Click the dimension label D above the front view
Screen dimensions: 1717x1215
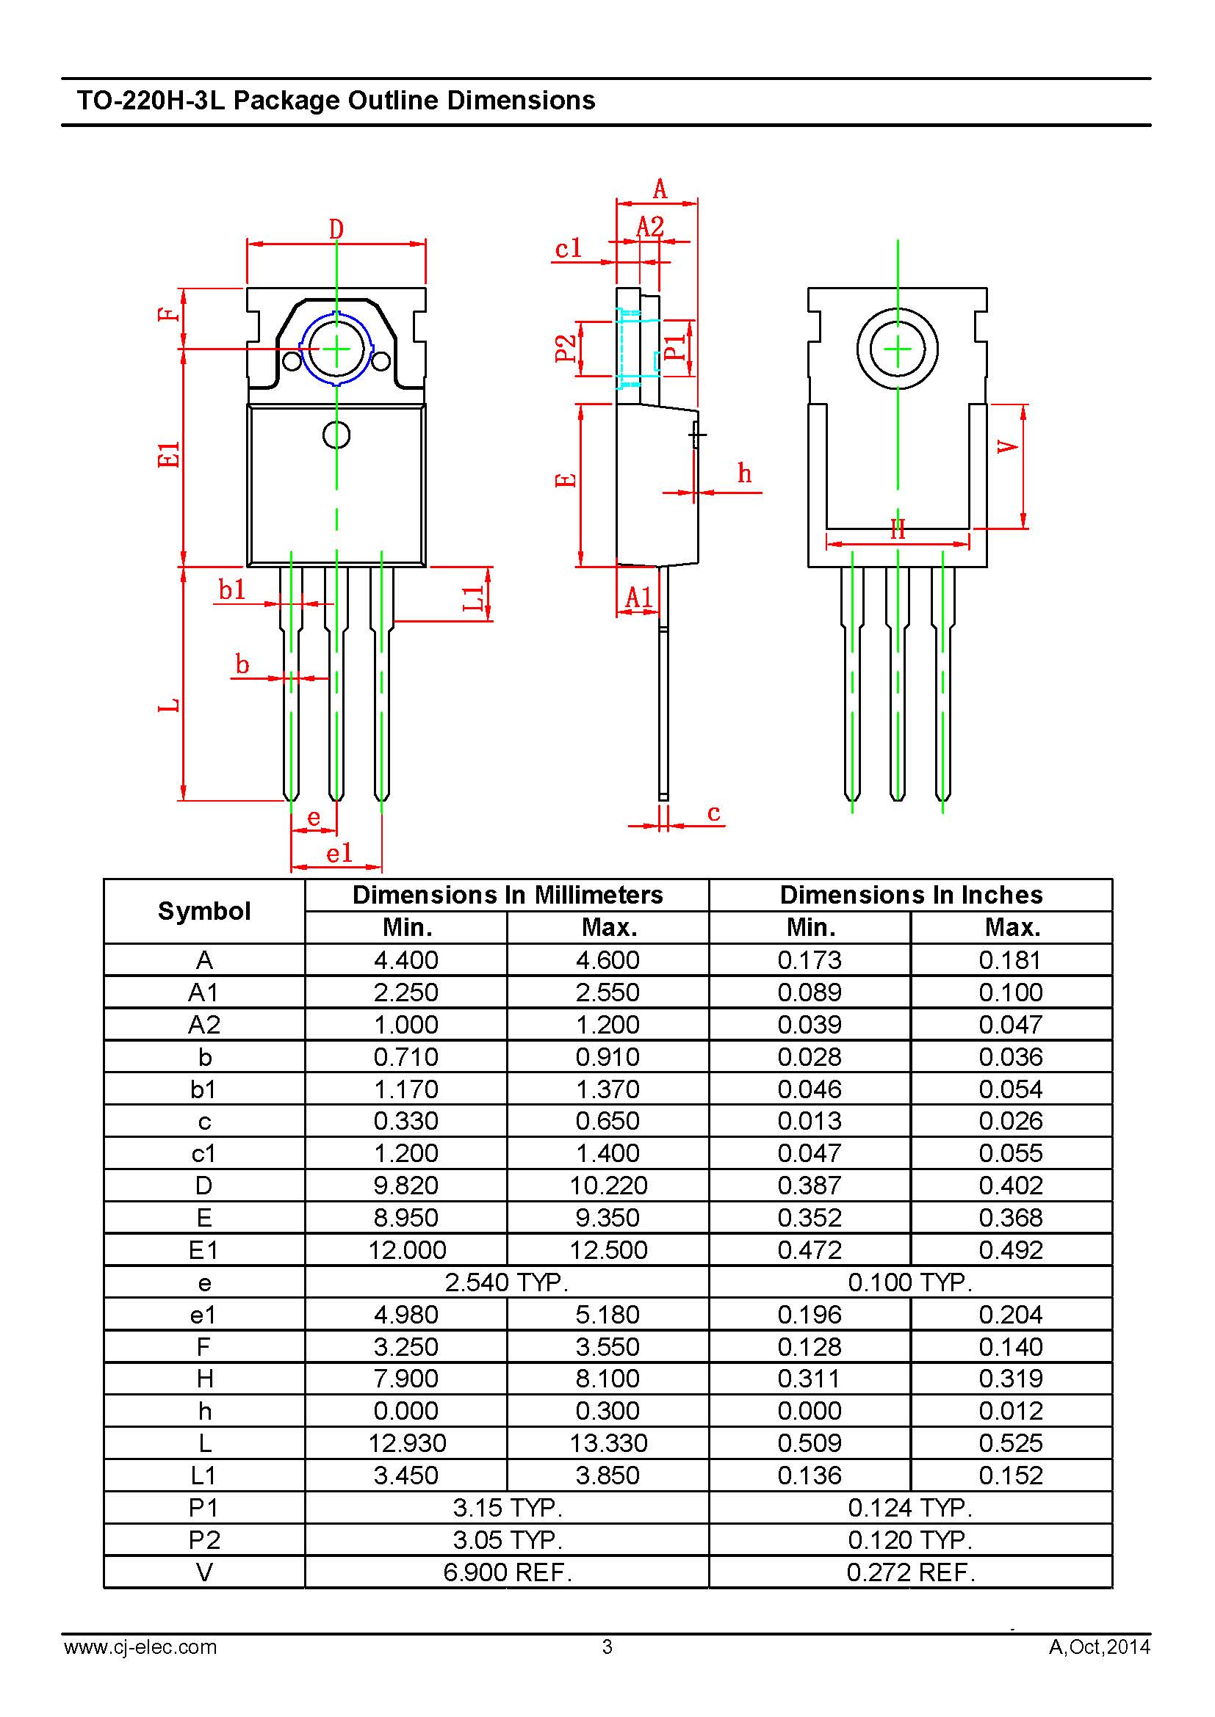click(x=336, y=229)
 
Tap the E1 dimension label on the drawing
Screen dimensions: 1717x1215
click(x=170, y=455)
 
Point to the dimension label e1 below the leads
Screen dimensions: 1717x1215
click(x=339, y=852)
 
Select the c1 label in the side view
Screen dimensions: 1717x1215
click(x=569, y=248)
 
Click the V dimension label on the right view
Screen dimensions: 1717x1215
click(x=1008, y=447)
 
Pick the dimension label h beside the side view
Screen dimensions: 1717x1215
click(x=744, y=473)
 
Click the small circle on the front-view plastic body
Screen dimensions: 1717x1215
click(x=336, y=435)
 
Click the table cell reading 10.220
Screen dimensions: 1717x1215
click(x=608, y=1186)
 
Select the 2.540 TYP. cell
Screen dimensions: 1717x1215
click(x=507, y=1282)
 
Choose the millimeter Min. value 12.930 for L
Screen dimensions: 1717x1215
click(x=406, y=1443)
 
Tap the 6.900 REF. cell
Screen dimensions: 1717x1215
click(x=507, y=1572)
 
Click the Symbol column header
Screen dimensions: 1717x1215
click(x=204, y=911)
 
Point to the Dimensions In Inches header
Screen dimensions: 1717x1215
click(x=910, y=894)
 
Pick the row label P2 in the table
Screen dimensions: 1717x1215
click(x=204, y=1541)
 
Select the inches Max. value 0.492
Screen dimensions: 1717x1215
click(x=1011, y=1249)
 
